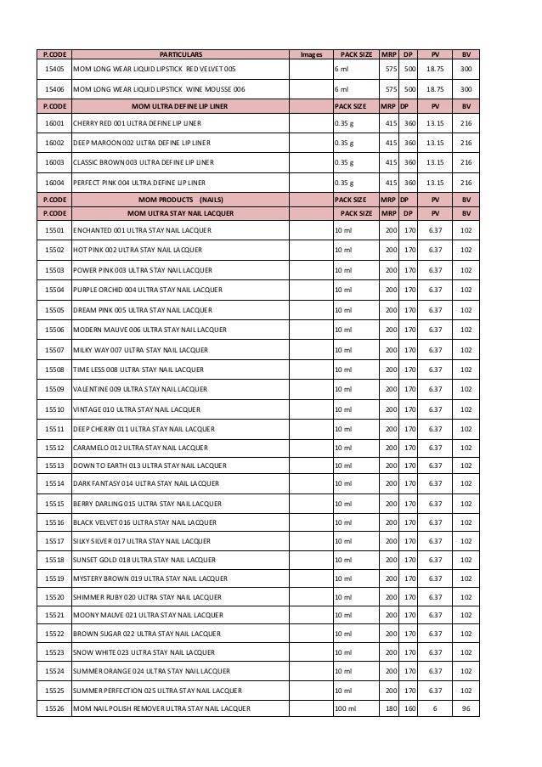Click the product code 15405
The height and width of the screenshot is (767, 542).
pos(54,68)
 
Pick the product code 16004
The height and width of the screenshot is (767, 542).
pos(54,183)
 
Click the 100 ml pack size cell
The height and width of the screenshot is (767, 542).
pos(346,708)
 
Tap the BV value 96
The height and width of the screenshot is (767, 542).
pos(466,708)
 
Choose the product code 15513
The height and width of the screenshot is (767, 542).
pos(54,464)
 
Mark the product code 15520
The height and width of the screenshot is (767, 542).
pos(54,595)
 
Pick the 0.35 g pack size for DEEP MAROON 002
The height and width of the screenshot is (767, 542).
pos(345,144)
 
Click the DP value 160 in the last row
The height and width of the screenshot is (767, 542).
pos(409,708)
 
